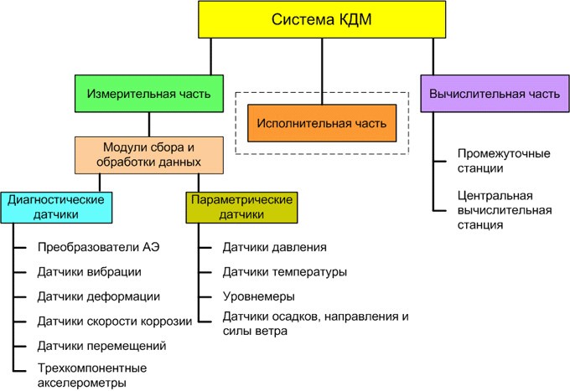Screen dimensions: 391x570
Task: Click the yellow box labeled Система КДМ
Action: (x=321, y=19)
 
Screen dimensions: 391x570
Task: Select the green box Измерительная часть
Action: (x=148, y=94)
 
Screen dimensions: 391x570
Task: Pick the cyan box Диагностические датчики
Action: (x=55, y=207)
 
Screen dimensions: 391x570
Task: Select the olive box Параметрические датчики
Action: (x=241, y=207)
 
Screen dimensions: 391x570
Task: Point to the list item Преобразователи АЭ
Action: (x=98, y=247)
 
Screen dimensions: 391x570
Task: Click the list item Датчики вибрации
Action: (x=89, y=271)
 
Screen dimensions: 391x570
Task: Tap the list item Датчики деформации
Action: (x=98, y=296)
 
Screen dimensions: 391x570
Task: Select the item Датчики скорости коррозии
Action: (x=115, y=321)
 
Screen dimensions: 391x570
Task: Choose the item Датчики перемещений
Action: (x=101, y=345)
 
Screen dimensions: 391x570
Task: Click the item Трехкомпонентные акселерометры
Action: (x=92, y=375)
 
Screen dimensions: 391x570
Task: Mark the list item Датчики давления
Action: (x=274, y=247)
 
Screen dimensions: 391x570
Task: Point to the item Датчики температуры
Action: (x=284, y=271)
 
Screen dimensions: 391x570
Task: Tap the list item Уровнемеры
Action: (x=258, y=296)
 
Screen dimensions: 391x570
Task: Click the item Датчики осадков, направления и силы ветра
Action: (x=315, y=323)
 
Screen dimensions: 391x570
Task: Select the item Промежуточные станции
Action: (x=492, y=161)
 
